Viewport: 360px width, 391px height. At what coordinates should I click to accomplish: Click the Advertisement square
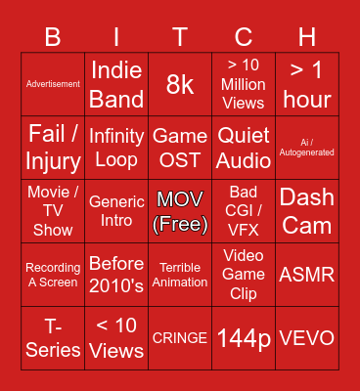point(53,84)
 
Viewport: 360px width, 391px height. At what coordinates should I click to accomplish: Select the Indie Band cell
point(116,84)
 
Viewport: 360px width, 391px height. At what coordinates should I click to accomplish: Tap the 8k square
point(180,84)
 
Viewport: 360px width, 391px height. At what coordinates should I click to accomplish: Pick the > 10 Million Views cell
point(244,84)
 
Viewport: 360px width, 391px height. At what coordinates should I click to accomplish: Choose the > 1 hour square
point(307,84)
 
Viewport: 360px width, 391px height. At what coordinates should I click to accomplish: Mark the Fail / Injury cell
point(53,147)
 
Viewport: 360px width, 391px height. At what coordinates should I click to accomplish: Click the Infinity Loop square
point(116,147)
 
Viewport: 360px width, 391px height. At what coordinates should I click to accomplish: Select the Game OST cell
point(180,147)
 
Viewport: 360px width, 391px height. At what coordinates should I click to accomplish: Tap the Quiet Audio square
point(244,147)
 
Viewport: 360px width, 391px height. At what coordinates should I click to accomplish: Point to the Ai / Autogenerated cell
point(307,147)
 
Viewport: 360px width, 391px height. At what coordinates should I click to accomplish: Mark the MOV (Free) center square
point(180,211)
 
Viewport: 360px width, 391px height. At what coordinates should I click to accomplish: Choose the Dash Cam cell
point(307,211)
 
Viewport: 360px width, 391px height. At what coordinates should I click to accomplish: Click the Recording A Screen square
point(53,275)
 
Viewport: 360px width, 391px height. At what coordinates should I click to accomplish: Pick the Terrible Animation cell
point(180,275)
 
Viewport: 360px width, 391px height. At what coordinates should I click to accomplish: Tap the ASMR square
point(307,275)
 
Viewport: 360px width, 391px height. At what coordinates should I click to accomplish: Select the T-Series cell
point(53,338)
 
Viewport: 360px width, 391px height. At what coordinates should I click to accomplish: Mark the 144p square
point(244,338)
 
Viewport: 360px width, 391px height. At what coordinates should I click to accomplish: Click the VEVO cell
point(307,338)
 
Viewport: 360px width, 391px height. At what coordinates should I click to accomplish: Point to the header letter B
point(53,37)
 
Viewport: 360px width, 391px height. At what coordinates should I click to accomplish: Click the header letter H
point(307,37)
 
